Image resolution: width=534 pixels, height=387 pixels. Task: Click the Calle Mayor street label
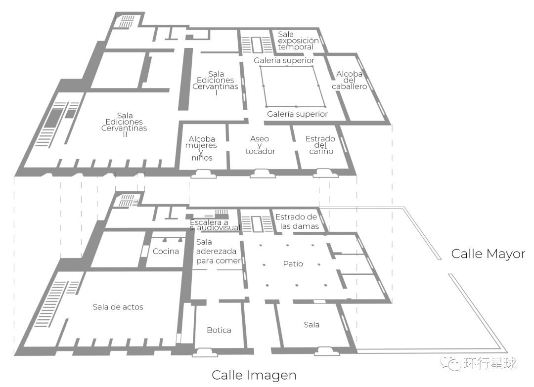[x=488, y=254]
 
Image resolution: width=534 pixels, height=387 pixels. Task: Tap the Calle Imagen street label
[x=254, y=375]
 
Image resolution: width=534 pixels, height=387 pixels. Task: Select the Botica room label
[x=219, y=330]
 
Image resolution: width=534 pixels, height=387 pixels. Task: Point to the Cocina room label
[x=166, y=251]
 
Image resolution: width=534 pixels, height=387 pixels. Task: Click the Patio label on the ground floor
[x=293, y=263]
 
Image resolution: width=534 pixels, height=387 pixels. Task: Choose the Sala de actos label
[x=118, y=307]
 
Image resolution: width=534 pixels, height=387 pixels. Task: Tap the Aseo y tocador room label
[x=260, y=145]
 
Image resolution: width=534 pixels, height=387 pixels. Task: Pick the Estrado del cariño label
[x=320, y=145]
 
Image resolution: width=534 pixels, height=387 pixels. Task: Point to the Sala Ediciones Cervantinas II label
[x=124, y=125]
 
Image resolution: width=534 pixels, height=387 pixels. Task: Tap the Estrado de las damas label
[x=296, y=221]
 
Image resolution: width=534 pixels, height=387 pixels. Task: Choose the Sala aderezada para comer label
[x=218, y=251]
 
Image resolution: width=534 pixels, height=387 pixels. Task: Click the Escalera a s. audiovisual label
[x=215, y=225]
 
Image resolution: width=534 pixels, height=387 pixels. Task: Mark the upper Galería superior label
[x=284, y=60]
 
